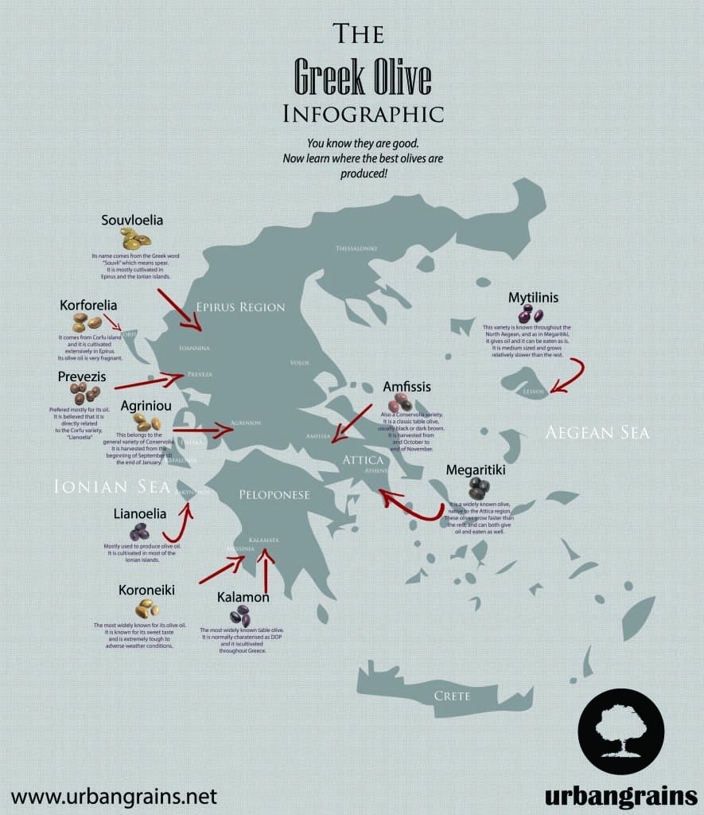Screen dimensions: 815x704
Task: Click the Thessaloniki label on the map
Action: click(356, 248)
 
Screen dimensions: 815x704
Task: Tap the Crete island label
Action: click(452, 696)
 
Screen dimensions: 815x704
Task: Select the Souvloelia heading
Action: click(132, 220)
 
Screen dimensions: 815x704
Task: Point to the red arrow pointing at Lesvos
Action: click(568, 376)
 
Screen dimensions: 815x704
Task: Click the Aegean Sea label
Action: click(597, 433)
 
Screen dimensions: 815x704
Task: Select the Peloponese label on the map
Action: click(274, 494)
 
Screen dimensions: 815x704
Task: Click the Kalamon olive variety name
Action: click(243, 596)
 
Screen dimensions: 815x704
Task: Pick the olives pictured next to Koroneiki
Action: click(146, 609)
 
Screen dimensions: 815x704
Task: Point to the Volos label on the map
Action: click(300, 363)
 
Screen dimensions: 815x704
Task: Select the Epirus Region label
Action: click(240, 307)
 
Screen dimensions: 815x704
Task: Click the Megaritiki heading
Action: click(476, 470)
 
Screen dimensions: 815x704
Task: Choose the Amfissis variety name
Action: click(406, 387)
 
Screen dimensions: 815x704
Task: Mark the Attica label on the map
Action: click(363, 460)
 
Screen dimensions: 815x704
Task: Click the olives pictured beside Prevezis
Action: click(84, 392)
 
